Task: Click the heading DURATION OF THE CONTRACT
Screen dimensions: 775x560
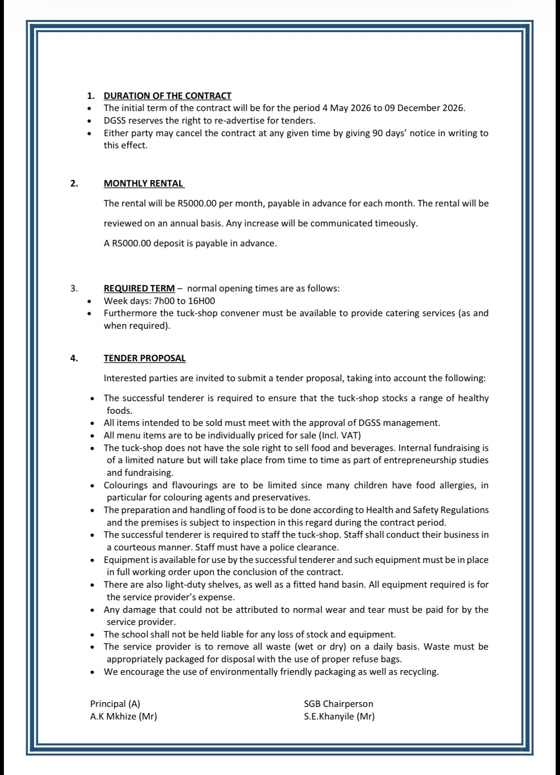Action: click(167, 95)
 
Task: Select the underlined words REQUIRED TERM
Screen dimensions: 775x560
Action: click(139, 288)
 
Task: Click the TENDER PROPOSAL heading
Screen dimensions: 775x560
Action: click(145, 358)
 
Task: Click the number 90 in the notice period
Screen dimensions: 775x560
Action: click(377, 133)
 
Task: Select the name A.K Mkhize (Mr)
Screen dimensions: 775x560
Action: click(123, 716)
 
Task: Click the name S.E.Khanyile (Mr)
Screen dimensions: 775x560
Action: click(339, 716)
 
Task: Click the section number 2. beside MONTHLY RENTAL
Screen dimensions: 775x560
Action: click(74, 183)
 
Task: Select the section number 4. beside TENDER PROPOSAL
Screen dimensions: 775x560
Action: click(74, 358)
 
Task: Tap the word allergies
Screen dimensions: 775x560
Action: click(453, 485)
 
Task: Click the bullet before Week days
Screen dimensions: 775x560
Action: click(89, 301)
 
